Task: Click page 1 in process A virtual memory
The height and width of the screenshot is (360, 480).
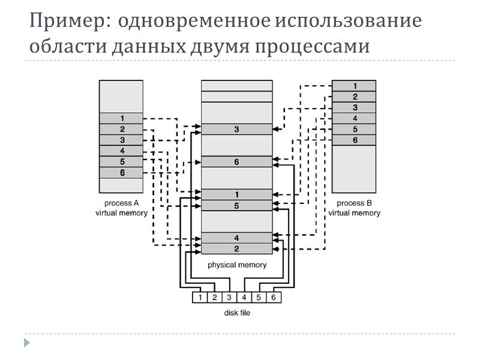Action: tap(121, 118)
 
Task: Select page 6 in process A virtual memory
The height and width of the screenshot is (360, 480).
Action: tap(121, 173)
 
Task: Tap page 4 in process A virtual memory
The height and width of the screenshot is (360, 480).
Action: tap(121, 151)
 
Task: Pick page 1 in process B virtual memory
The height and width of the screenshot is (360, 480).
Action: tap(354, 86)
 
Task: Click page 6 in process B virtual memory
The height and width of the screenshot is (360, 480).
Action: tap(354, 140)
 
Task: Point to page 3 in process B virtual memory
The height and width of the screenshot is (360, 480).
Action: tap(354, 107)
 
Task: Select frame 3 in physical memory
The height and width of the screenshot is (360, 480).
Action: tap(236, 129)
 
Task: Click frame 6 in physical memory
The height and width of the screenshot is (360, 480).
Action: tap(236, 162)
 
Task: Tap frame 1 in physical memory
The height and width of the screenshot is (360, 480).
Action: tap(236, 194)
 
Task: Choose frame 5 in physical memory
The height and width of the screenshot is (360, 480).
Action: tap(236, 205)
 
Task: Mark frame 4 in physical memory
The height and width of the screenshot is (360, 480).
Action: tap(236, 238)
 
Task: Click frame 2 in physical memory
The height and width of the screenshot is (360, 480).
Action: tap(236, 248)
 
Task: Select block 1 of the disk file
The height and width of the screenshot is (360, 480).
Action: tap(199, 297)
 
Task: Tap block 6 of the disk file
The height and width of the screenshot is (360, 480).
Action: tap(274, 297)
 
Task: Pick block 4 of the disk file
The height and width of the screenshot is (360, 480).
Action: tap(244, 297)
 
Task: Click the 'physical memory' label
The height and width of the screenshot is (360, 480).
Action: tap(236, 265)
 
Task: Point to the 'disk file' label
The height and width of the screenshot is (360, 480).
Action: tap(236, 313)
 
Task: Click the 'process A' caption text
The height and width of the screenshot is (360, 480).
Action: tap(121, 203)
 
